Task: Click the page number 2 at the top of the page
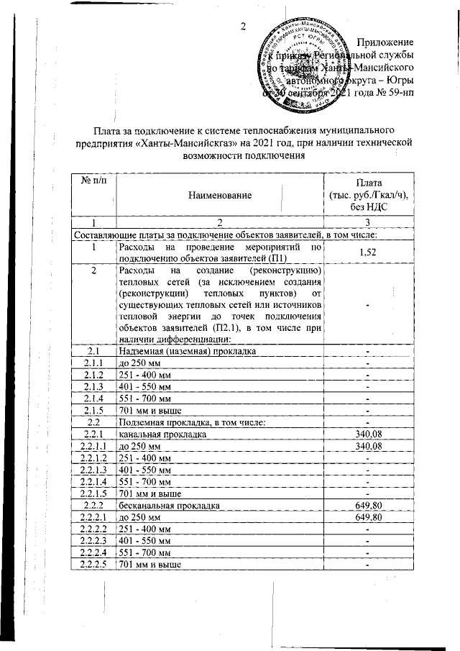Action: pos(243,27)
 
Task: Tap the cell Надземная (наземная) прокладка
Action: pos(187,351)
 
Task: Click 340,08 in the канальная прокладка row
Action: pos(367,434)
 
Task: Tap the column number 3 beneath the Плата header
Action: pos(367,222)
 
